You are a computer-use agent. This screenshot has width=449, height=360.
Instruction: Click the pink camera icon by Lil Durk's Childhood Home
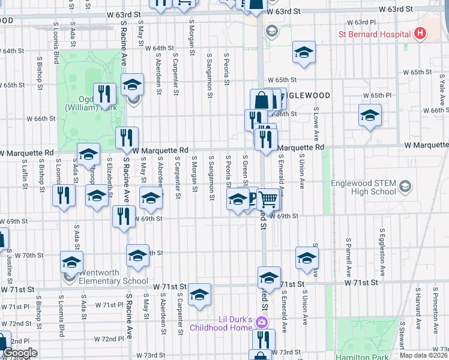(261, 322)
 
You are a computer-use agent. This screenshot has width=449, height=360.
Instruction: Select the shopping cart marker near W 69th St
(269, 199)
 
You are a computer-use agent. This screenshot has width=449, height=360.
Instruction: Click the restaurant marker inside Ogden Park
(105, 94)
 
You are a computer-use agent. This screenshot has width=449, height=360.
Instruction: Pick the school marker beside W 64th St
(304, 52)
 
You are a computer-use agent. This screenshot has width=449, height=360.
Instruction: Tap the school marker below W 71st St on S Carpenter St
(200, 295)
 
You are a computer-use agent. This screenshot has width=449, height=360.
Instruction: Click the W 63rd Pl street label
(365, 22)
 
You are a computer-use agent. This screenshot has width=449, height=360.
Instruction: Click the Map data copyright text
(423, 355)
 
